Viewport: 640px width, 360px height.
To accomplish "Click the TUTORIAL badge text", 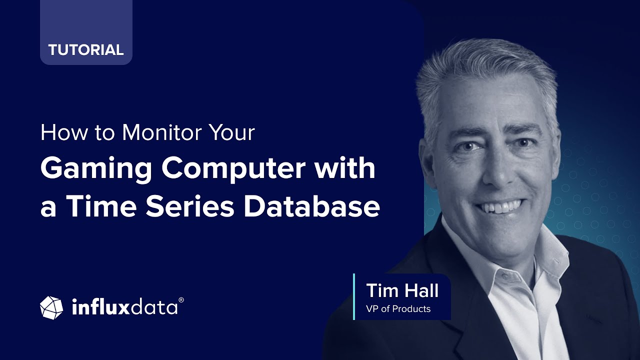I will pos(86,50).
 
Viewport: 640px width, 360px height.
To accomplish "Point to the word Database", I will pos(311,206).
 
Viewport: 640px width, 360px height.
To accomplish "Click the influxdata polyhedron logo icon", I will pos(51,307).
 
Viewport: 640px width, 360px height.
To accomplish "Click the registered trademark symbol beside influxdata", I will pos(181,300).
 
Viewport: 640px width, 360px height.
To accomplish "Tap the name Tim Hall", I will pos(402,290).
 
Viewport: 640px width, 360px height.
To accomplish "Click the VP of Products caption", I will pos(398,309).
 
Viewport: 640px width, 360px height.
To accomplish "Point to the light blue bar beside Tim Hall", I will pos(354,296).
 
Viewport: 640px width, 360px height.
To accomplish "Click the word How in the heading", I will pos(59,132).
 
